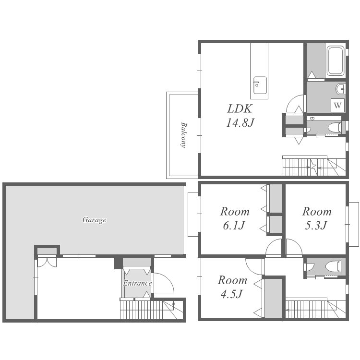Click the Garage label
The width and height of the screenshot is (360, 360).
95,220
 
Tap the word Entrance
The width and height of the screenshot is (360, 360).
137,283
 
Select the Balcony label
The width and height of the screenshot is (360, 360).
183,135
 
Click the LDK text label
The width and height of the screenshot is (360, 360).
240,108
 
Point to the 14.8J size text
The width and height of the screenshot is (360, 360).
240,122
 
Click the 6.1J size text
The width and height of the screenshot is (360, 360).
234,226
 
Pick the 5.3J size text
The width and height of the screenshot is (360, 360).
316,226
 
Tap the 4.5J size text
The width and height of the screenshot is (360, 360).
232,294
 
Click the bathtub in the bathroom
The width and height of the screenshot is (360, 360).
336,61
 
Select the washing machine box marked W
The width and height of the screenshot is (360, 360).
337,106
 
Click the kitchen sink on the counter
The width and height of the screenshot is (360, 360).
260,85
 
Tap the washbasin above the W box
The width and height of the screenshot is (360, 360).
341,89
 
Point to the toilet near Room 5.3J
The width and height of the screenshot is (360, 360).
333,266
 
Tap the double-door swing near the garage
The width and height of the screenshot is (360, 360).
47,263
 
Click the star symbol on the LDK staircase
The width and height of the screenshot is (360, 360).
313,165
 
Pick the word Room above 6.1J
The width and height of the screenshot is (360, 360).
235,212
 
